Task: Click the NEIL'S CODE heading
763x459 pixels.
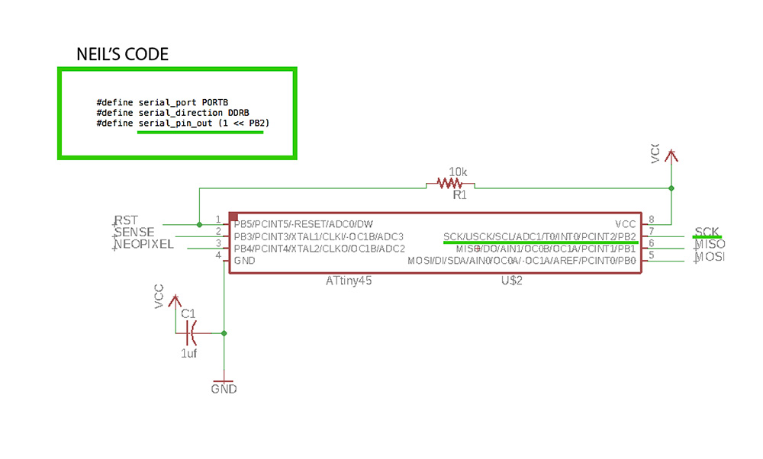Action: tap(122, 55)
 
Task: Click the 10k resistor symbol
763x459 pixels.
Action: tap(450, 184)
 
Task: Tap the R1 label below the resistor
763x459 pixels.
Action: tap(459, 196)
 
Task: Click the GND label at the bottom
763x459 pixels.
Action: tap(224, 389)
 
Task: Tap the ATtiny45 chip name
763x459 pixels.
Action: tap(348, 281)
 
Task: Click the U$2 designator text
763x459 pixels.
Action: tap(510, 281)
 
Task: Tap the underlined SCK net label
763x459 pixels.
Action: tap(707, 231)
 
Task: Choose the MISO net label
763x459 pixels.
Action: tap(710, 244)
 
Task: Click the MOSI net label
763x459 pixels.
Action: tap(710, 257)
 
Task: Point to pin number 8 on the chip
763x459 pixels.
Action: tap(651, 220)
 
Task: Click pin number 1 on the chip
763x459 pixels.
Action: tap(218, 220)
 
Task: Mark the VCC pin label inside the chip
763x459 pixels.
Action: tap(625, 224)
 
